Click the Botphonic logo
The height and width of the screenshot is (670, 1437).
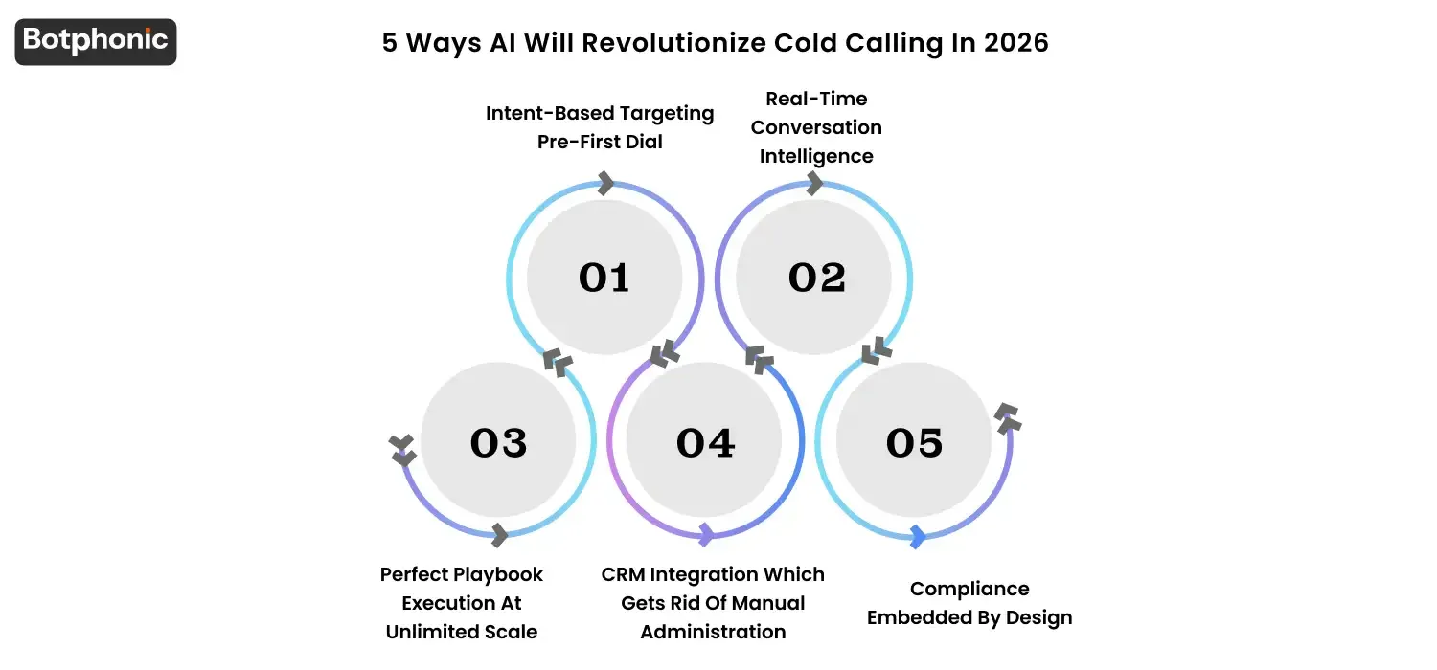[x=96, y=41]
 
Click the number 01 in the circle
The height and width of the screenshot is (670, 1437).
[x=604, y=278]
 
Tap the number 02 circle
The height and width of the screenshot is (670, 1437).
[x=816, y=278]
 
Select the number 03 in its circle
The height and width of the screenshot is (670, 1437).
[x=498, y=442]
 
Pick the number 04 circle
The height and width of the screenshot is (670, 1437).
[x=706, y=442]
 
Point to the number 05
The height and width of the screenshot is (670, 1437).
[x=914, y=442]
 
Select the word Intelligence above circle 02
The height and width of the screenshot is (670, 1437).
[x=816, y=156]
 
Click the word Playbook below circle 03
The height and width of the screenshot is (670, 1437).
[x=499, y=574]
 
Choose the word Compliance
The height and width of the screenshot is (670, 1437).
[x=969, y=589]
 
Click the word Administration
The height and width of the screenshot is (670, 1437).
[x=713, y=632]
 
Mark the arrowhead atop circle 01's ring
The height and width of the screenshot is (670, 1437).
[x=605, y=183]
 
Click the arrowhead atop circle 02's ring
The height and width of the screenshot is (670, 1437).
[x=815, y=184]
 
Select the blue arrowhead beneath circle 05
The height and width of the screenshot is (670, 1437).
[x=918, y=537]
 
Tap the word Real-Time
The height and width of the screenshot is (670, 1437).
[x=816, y=99]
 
